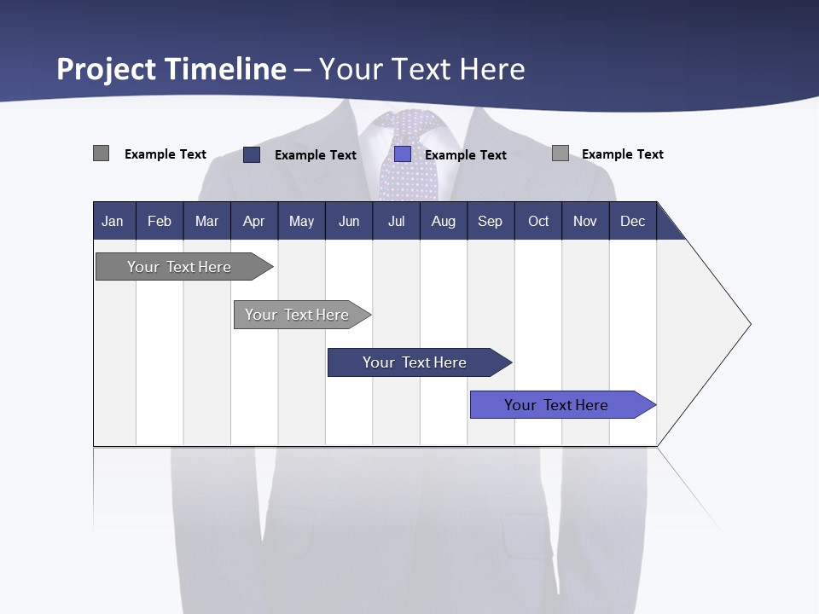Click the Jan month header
click(113, 222)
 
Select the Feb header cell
click(160, 222)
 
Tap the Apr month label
click(253, 222)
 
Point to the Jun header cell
click(349, 222)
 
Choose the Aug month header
click(444, 222)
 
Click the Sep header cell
click(491, 222)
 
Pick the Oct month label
click(538, 222)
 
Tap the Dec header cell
click(632, 222)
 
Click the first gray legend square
click(102, 153)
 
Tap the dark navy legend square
click(252, 154)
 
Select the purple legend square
click(403, 154)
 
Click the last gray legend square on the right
click(561, 153)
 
